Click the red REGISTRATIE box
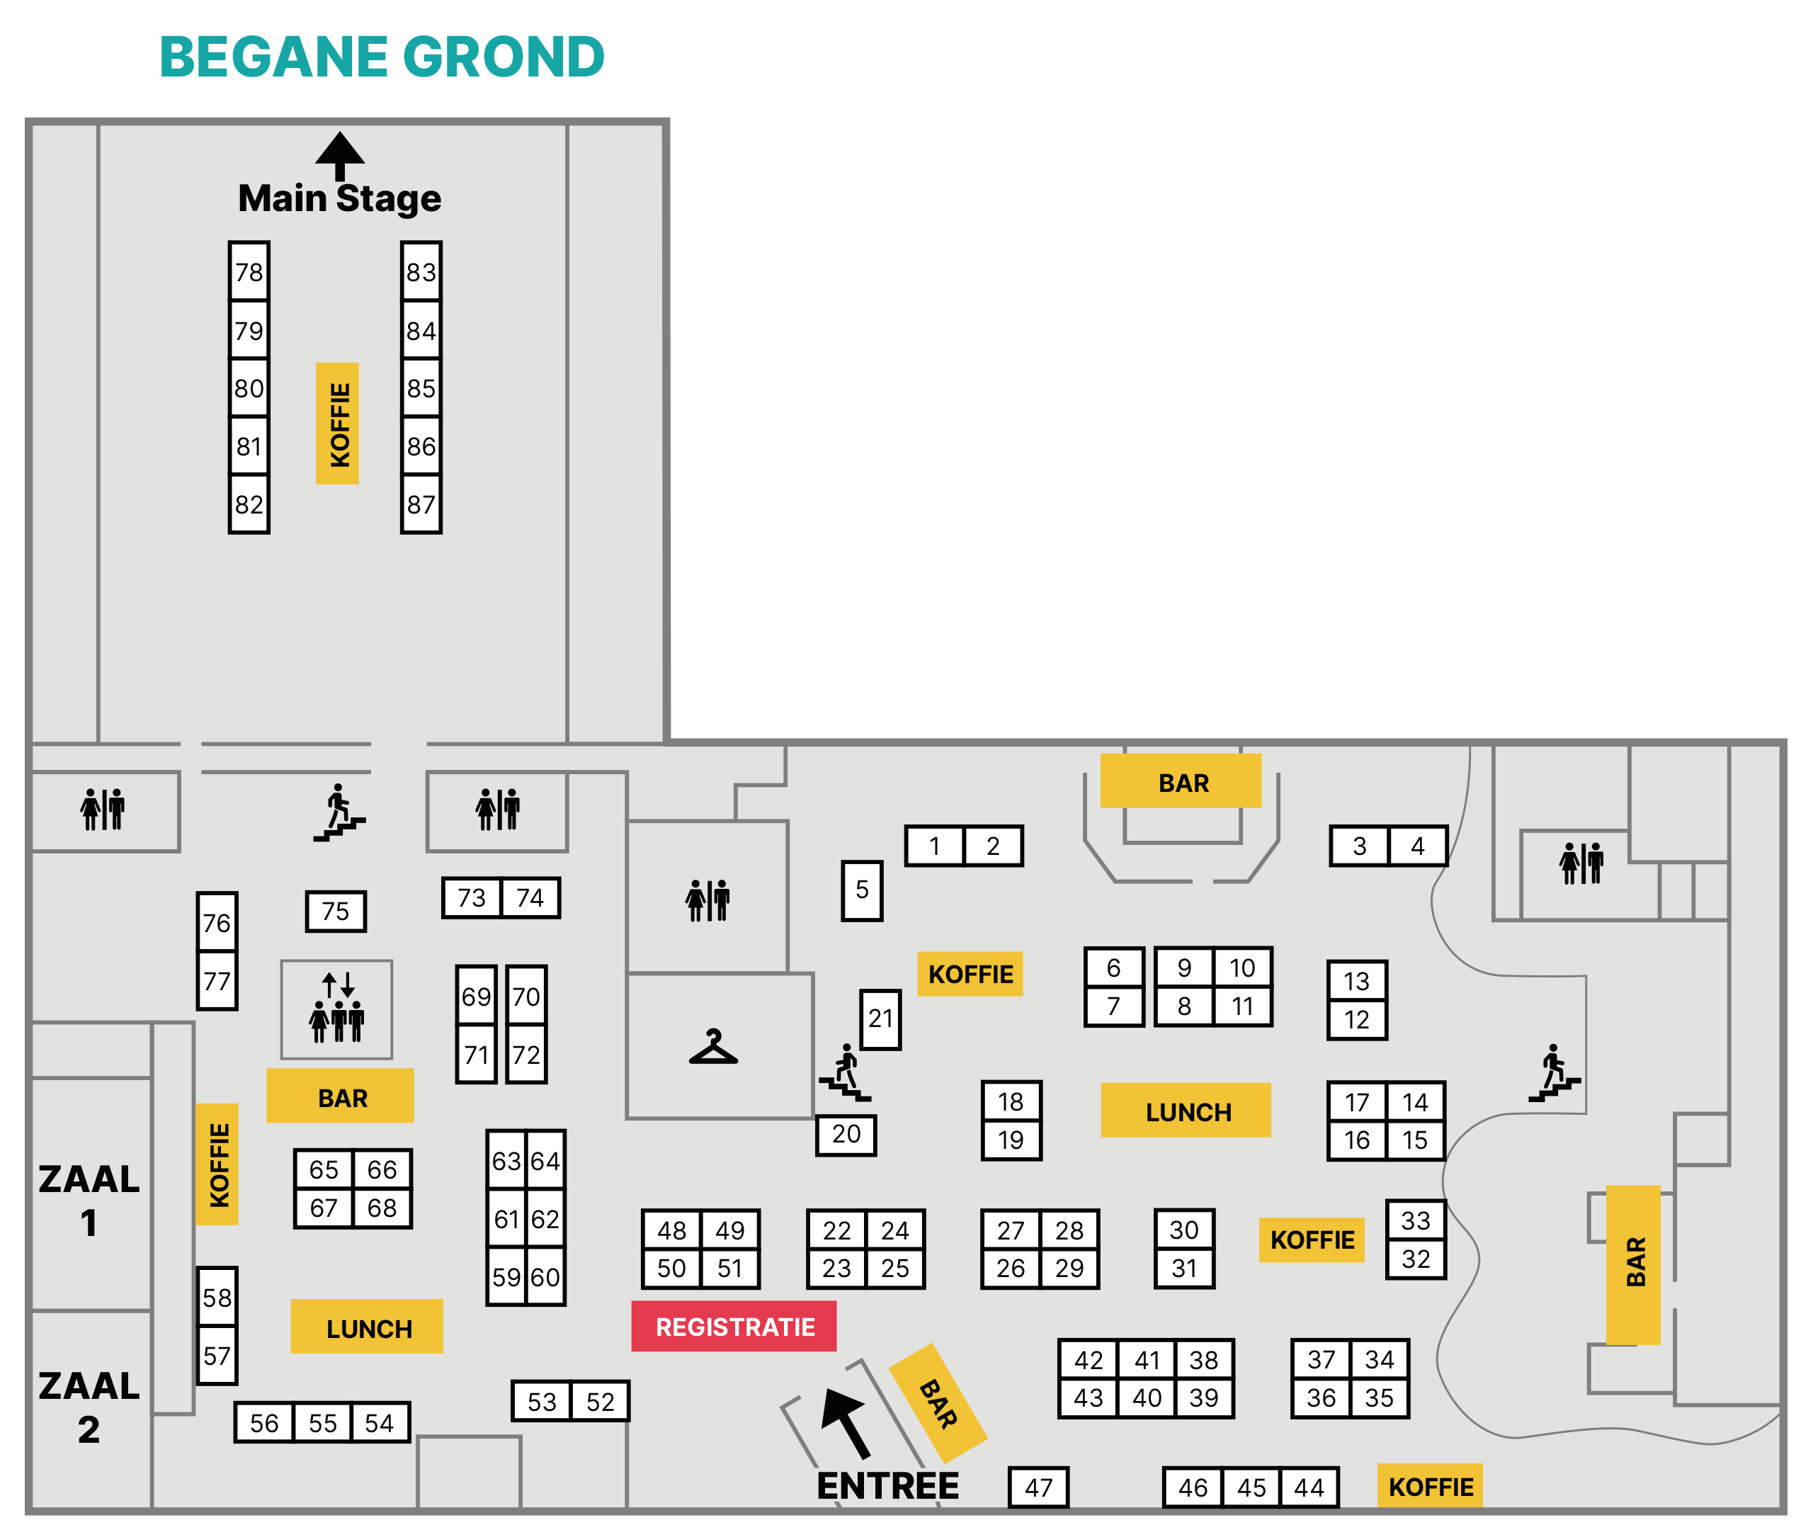click(x=734, y=1326)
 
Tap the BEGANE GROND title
click(x=382, y=57)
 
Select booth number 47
click(x=1038, y=1487)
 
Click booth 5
click(x=862, y=890)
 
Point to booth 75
click(x=336, y=912)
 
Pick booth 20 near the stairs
click(x=846, y=1135)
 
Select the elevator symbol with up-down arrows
click(x=337, y=1008)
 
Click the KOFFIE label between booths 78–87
click(x=338, y=424)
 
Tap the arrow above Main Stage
click(x=340, y=156)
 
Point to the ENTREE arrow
click(x=844, y=1423)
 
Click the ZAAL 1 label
click(x=89, y=1200)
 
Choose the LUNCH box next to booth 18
click(x=1186, y=1110)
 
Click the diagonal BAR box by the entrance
click(x=938, y=1403)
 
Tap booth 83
click(x=421, y=272)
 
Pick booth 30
click(x=1184, y=1230)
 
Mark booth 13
click(x=1356, y=981)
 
